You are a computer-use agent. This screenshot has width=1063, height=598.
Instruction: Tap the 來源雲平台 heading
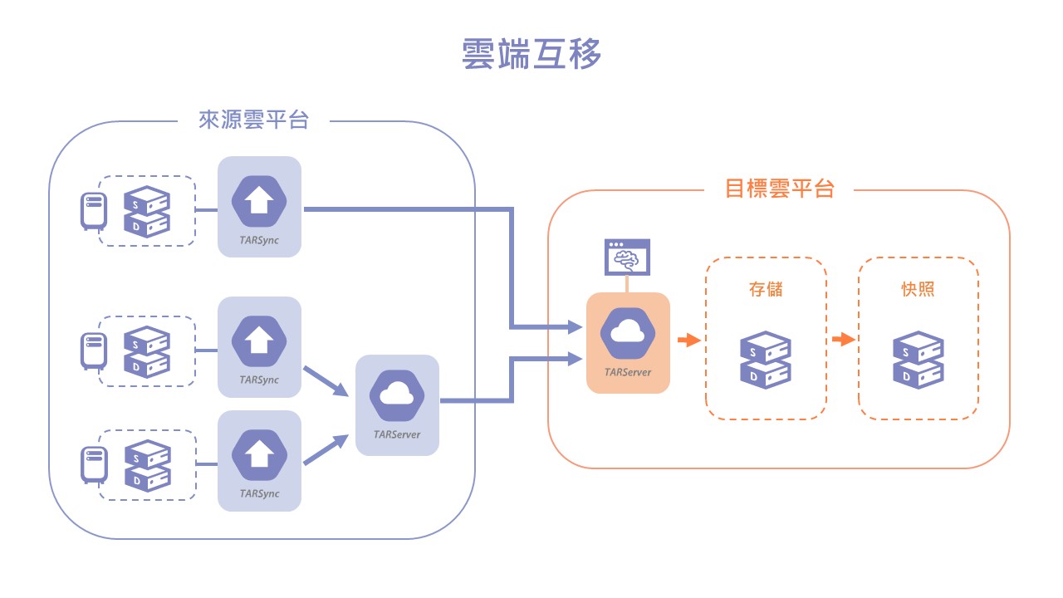[x=253, y=120]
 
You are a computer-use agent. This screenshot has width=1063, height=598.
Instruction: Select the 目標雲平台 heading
[x=779, y=189]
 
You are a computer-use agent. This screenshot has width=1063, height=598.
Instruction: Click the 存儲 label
[x=765, y=289]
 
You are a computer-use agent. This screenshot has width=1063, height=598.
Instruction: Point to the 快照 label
[x=918, y=289]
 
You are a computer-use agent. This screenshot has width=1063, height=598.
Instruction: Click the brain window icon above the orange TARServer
[x=627, y=257]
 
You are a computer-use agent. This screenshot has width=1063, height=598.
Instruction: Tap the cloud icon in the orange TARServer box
[x=627, y=333]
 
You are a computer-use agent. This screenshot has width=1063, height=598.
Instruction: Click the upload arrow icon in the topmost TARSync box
[x=259, y=200]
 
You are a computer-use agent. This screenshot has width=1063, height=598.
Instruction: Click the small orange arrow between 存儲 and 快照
[x=843, y=340]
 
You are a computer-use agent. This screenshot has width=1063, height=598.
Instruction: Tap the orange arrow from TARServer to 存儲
[x=688, y=340]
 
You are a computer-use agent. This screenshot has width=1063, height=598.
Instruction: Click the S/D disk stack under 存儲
[x=765, y=360]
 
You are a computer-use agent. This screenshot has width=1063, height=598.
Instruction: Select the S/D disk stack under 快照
[x=918, y=360]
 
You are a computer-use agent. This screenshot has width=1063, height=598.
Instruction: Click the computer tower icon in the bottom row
[x=93, y=464]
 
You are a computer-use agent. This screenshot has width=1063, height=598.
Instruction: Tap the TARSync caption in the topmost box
[x=259, y=240]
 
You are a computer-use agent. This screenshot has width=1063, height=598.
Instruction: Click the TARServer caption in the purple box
[x=397, y=434]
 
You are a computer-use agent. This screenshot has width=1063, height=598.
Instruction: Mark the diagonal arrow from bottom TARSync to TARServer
[x=326, y=449]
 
